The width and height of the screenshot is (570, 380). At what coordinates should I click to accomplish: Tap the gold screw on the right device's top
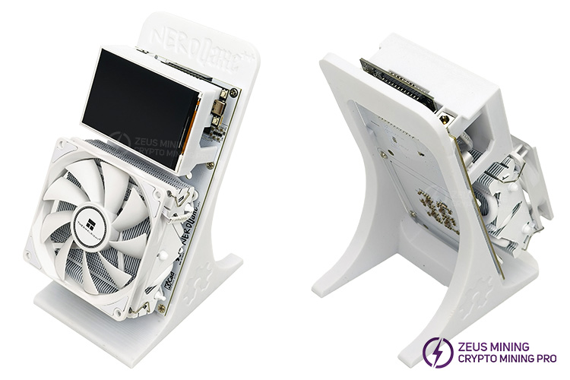(445, 117)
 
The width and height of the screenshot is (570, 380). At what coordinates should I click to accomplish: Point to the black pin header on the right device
(403, 76)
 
